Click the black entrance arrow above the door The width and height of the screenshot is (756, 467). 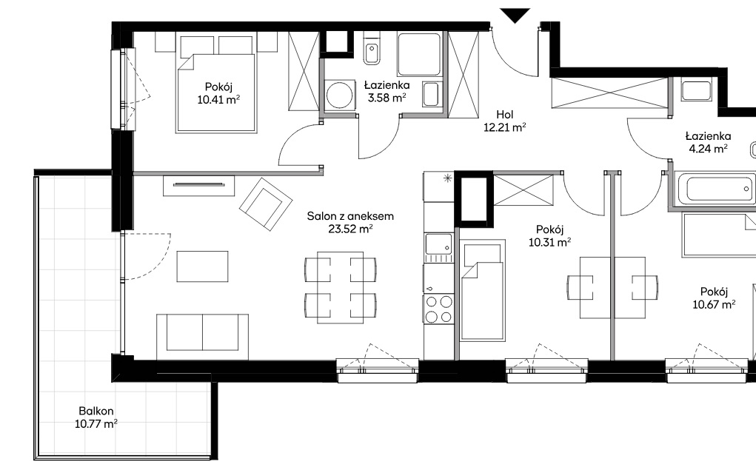[x=515, y=15]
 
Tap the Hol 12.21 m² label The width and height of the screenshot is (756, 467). [x=504, y=121]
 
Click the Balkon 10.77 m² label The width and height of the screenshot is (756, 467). [x=96, y=417]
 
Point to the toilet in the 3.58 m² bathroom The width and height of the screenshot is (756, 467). [x=372, y=47]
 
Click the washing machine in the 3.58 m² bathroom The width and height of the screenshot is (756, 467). [x=340, y=95]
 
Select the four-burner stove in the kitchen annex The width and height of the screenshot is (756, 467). [x=439, y=309]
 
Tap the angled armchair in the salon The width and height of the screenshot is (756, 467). [x=266, y=204]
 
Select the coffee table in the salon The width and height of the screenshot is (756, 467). [x=202, y=266]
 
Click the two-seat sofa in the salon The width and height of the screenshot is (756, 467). [x=202, y=337]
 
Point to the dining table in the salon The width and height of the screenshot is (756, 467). [x=341, y=287]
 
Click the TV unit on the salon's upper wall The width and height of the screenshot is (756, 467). [x=198, y=186]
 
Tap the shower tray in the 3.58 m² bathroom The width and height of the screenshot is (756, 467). [x=419, y=55]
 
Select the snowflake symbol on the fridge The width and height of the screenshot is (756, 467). [x=448, y=178]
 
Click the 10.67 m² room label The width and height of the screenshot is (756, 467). [x=714, y=298]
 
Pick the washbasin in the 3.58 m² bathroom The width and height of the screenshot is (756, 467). [x=431, y=94]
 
